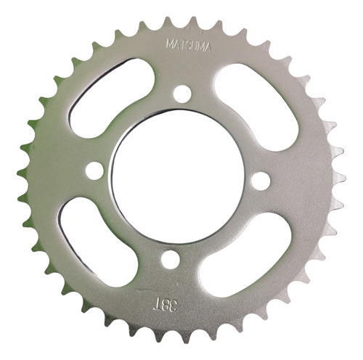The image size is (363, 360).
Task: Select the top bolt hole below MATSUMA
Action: (x=182, y=94)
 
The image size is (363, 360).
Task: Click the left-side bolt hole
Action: (x=94, y=171)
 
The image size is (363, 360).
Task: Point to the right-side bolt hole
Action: (x=261, y=180)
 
